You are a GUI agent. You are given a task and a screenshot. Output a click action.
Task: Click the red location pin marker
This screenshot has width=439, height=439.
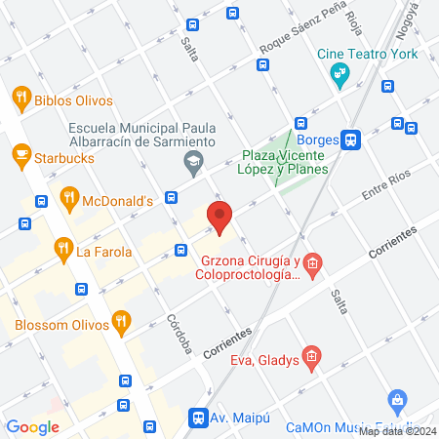(x=219, y=218)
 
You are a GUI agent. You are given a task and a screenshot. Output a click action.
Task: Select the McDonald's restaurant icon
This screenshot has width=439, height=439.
(x=68, y=199)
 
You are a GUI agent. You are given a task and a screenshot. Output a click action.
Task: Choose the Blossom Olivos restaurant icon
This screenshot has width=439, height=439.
(x=120, y=320)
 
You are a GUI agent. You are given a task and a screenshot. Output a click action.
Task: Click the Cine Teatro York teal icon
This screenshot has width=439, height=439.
(x=339, y=73)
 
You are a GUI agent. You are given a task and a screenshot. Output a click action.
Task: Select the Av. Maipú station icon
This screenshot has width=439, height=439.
(x=198, y=418)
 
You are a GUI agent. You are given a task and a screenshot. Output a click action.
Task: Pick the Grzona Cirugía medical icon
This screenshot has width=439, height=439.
(x=311, y=262)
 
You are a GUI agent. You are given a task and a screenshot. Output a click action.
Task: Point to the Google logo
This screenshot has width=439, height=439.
(x=32, y=426)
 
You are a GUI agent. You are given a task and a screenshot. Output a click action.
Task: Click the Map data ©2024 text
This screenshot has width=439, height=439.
(x=397, y=430)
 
